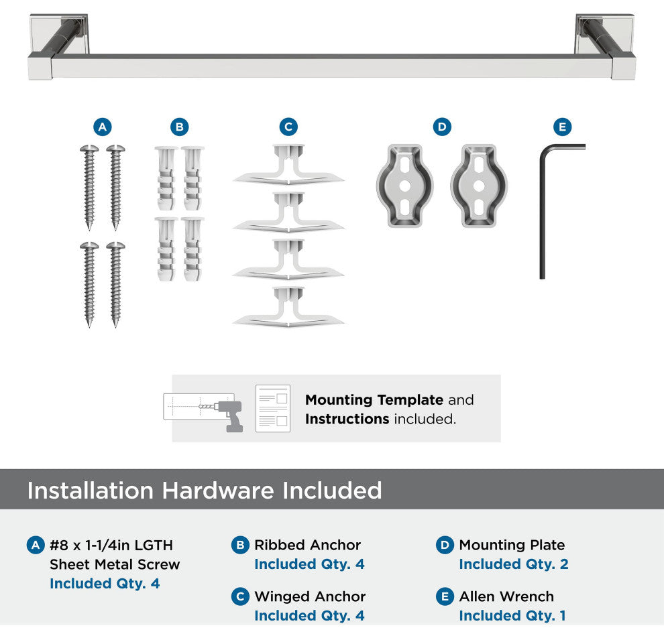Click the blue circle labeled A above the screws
point(103,127)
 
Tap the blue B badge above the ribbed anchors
point(180,127)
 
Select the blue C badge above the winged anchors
point(288,127)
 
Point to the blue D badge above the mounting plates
point(442,127)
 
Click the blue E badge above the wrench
point(562,127)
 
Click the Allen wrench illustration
point(543,212)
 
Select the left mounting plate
point(405,186)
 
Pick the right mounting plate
point(479,186)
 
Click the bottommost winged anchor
point(288,308)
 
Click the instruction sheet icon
point(273,408)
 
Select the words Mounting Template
point(374,400)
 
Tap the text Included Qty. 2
point(514,564)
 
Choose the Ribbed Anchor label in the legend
point(307,545)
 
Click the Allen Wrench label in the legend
point(506,596)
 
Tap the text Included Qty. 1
point(512,616)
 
